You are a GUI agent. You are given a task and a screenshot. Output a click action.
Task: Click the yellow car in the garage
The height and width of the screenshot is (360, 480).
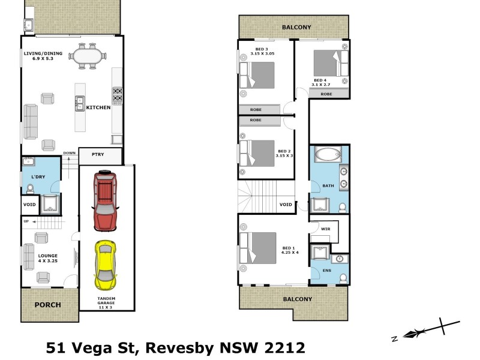coord(104,264)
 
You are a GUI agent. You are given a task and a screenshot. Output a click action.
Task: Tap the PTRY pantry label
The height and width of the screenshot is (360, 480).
coord(98,155)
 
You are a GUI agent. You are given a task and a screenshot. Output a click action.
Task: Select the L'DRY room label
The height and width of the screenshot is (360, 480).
coord(31,176)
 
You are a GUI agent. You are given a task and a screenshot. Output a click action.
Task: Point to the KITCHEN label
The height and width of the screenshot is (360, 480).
coord(98,107)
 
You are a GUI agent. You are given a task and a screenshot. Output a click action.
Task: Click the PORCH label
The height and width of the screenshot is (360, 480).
coord(48,305)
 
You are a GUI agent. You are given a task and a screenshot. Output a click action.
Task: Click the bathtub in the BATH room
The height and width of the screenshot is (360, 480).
coord(329,155)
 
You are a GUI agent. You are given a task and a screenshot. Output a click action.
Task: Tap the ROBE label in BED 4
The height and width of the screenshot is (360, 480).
coord(326,94)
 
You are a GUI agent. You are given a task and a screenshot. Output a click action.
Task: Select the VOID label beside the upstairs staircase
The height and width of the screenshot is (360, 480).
coord(286,205)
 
